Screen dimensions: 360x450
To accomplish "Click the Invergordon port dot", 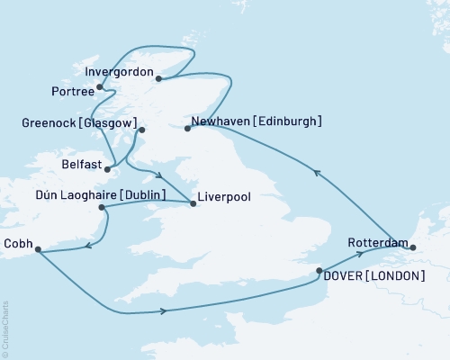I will click(x=158, y=78).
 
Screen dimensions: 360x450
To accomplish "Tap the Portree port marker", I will click(x=99, y=87).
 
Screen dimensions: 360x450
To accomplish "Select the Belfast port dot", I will click(x=108, y=167).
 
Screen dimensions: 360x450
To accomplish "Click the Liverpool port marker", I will click(x=193, y=203).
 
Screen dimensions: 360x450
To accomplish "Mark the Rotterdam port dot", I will click(x=413, y=246).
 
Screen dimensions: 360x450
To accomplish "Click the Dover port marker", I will click(x=319, y=269).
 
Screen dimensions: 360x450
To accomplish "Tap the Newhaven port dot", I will click(x=187, y=129).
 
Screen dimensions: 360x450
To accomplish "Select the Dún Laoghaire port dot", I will click(x=102, y=208).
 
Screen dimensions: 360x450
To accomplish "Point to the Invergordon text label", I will click(x=118, y=70).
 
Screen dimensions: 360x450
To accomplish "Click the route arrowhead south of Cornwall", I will click(x=164, y=310).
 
